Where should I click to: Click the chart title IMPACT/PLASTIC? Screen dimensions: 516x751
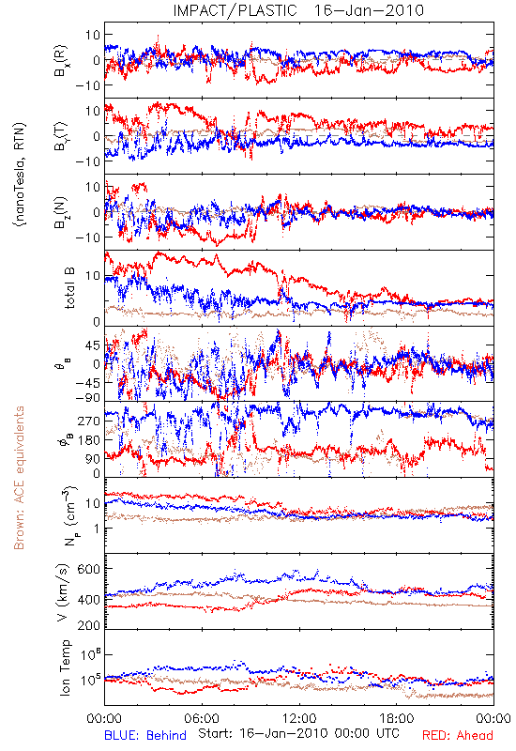pyautogui.click(x=235, y=10)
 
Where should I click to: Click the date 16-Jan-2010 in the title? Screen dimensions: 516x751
pyautogui.click(x=369, y=10)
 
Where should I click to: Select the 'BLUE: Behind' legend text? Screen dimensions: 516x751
pyautogui.click(x=145, y=735)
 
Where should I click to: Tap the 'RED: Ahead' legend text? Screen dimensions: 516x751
pyautogui.click(x=458, y=735)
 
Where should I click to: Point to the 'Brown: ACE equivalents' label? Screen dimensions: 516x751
pyautogui.click(x=19, y=478)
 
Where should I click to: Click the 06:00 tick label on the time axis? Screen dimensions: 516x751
pyautogui.click(x=202, y=718)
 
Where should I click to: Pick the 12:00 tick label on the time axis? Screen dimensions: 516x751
pyautogui.click(x=299, y=718)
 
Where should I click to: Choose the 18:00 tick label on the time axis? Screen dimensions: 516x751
pyautogui.click(x=397, y=718)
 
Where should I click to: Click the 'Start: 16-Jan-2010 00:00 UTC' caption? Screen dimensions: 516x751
pyautogui.click(x=298, y=733)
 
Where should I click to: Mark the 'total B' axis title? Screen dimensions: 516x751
pyautogui.click(x=69, y=288)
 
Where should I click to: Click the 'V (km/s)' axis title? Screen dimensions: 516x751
pyautogui.click(x=64, y=592)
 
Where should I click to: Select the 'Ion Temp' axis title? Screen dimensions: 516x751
pyautogui.click(x=65, y=667)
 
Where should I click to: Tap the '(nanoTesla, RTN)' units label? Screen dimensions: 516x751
pyautogui.click(x=20, y=175)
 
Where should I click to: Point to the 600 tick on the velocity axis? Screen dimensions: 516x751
pyautogui.click(x=89, y=569)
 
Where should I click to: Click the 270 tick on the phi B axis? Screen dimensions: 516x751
pyautogui.click(x=89, y=421)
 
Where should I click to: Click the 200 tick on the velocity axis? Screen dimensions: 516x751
pyautogui.click(x=89, y=624)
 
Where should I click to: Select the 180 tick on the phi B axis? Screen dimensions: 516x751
pyautogui.click(x=89, y=439)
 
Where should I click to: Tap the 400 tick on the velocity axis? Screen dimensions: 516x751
pyautogui.click(x=89, y=599)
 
